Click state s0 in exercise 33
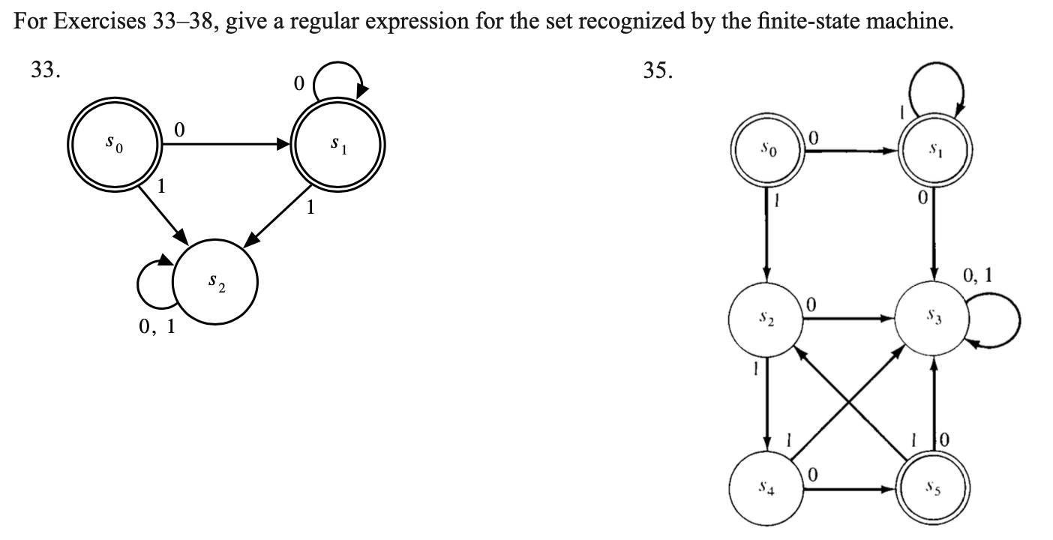pyautogui.click(x=114, y=144)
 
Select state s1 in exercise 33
pyautogui.click(x=340, y=144)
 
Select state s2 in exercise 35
pyautogui.click(x=767, y=319)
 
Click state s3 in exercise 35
pyautogui.click(x=933, y=319)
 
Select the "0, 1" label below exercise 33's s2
pyautogui.click(x=157, y=327)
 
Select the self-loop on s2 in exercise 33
pyautogui.click(x=155, y=284)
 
